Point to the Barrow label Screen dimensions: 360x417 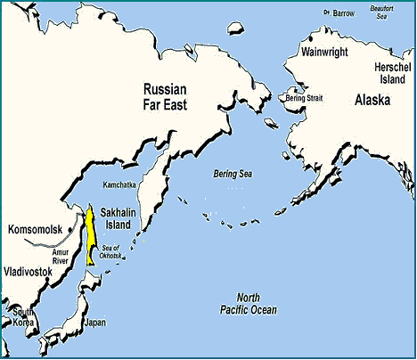coord(341,13)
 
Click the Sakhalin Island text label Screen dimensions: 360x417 coord(119,220)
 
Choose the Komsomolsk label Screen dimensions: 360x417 coord(35,229)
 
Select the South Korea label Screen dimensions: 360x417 coord(22,317)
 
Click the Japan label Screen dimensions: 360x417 coord(94,322)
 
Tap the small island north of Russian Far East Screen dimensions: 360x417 coord(237,27)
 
